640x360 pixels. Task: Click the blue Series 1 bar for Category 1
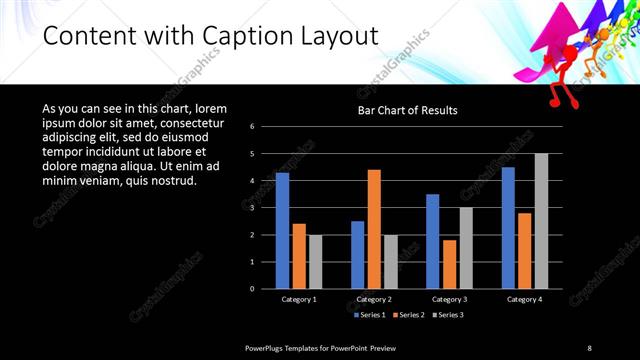(x=282, y=231)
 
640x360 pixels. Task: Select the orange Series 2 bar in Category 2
(x=374, y=229)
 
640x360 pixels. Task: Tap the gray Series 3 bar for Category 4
(x=541, y=221)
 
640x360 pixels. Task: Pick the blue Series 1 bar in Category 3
(x=433, y=241)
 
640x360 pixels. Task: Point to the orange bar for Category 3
(x=449, y=264)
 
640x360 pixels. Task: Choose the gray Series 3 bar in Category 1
(x=315, y=262)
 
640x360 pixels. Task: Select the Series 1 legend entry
(x=370, y=315)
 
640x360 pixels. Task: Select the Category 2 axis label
(x=374, y=299)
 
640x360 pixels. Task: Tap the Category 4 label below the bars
(x=524, y=299)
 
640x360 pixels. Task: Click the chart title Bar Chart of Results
(x=408, y=110)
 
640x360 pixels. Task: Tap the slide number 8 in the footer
(x=589, y=347)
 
